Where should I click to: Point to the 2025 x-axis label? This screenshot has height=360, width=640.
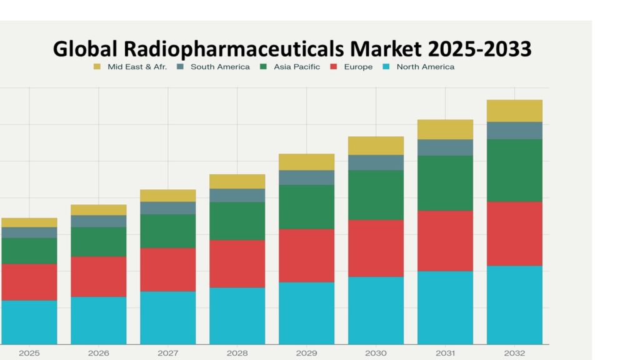coord(29,353)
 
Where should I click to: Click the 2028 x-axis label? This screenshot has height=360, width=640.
coord(237,353)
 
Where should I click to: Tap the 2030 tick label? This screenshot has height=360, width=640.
coord(376,353)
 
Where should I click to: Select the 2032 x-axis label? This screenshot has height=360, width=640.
coord(514,353)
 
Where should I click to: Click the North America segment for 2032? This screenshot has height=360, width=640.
coord(514,305)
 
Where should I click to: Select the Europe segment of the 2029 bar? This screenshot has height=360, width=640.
coord(306,256)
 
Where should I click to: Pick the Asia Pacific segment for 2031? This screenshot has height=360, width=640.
coord(445,182)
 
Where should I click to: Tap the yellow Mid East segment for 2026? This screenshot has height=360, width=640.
coord(98,210)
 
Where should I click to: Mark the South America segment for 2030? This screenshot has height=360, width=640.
coord(376,162)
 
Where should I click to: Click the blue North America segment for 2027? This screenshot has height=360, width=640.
coord(167,317)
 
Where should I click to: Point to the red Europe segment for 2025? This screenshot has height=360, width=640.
coord(29,282)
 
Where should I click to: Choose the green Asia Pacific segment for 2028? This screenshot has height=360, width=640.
coord(237,221)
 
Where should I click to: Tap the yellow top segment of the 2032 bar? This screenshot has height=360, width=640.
coord(514,111)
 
